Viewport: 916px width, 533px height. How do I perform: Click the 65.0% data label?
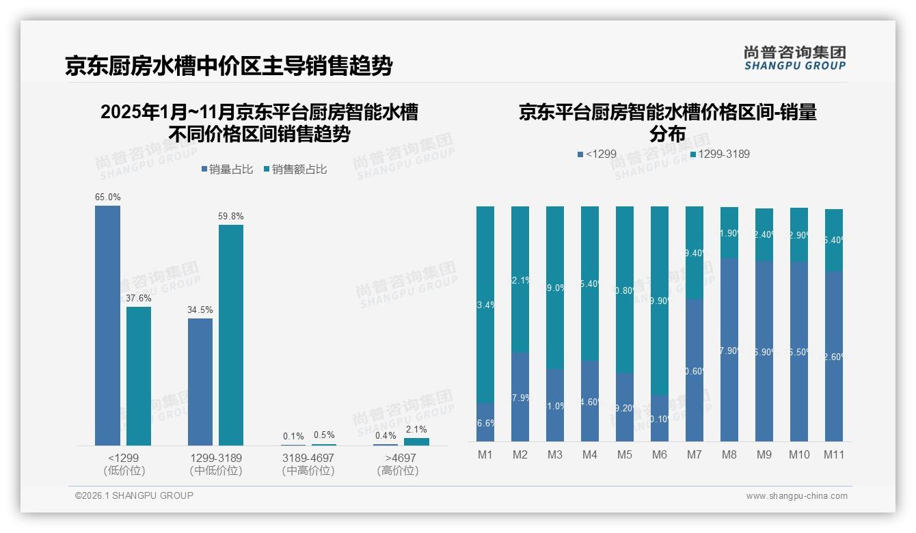(x=107, y=197)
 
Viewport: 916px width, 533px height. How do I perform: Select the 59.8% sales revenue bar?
(x=230, y=335)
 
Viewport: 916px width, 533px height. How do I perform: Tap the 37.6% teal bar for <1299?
(x=139, y=376)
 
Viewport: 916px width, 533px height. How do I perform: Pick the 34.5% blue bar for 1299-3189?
(x=200, y=381)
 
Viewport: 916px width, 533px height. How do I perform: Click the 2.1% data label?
(x=416, y=430)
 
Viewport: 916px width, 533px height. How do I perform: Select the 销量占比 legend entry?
(x=228, y=169)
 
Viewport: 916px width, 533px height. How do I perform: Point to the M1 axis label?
(x=485, y=454)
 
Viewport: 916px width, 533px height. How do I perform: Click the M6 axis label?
(x=659, y=454)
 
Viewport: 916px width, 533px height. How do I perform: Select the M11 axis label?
(x=833, y=454)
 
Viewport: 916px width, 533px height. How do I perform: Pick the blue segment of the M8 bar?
(x=729, y=349)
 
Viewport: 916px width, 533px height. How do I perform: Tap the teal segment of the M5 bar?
(x=625, y=290)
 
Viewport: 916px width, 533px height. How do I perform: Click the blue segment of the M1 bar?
(x=485, y=422)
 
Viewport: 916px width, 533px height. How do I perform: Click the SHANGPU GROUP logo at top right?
(x=794, y=58)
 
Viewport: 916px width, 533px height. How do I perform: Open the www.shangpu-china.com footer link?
(x=796, y=496)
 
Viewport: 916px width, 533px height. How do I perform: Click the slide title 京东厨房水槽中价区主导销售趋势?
(x=228, y=66)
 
